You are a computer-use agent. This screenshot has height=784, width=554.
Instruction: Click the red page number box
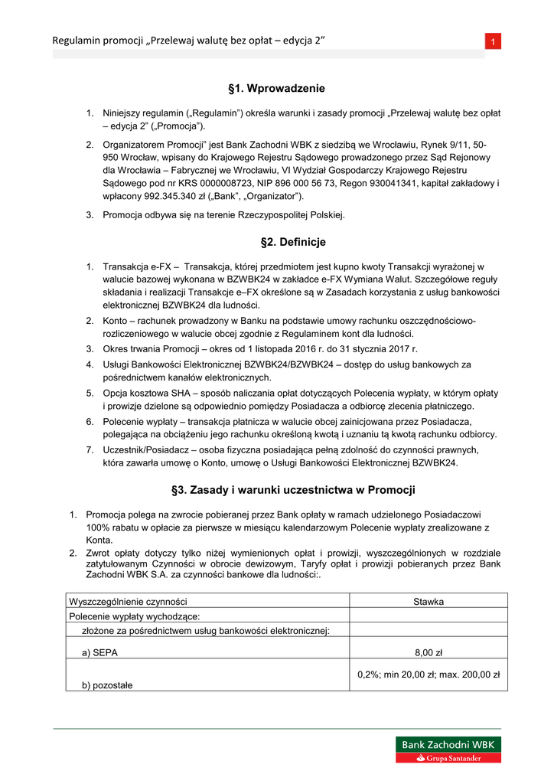494,41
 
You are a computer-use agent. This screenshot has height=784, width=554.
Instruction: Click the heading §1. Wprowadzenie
277,89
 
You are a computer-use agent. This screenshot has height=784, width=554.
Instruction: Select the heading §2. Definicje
277,242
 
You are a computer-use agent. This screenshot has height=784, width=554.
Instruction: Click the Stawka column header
429,601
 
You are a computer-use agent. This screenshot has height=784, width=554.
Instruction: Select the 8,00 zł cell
429,652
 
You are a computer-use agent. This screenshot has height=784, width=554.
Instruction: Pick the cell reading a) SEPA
100,652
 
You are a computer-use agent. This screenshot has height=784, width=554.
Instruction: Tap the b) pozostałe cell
107,685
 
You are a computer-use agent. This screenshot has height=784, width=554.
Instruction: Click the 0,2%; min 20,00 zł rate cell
429,675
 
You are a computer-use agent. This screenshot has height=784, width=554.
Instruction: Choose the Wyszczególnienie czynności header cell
129,601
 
